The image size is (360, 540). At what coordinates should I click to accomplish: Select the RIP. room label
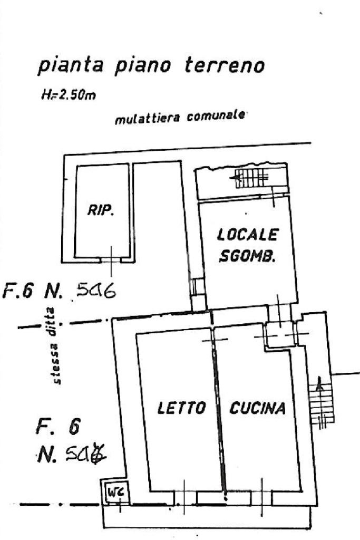coord(101,211)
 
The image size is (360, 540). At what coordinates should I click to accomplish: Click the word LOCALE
coord(247,234)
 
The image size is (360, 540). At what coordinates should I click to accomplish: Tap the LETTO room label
coord(181,408)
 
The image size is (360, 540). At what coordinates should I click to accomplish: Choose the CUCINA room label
coord(258,408)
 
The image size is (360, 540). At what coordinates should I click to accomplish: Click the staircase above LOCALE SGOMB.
coord(251,178)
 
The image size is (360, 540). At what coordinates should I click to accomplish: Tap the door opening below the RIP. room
coord(111,259)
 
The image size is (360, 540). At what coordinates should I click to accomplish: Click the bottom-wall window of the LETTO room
coord(185,497)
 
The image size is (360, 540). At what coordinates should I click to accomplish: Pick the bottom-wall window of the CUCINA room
coord(262,497)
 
